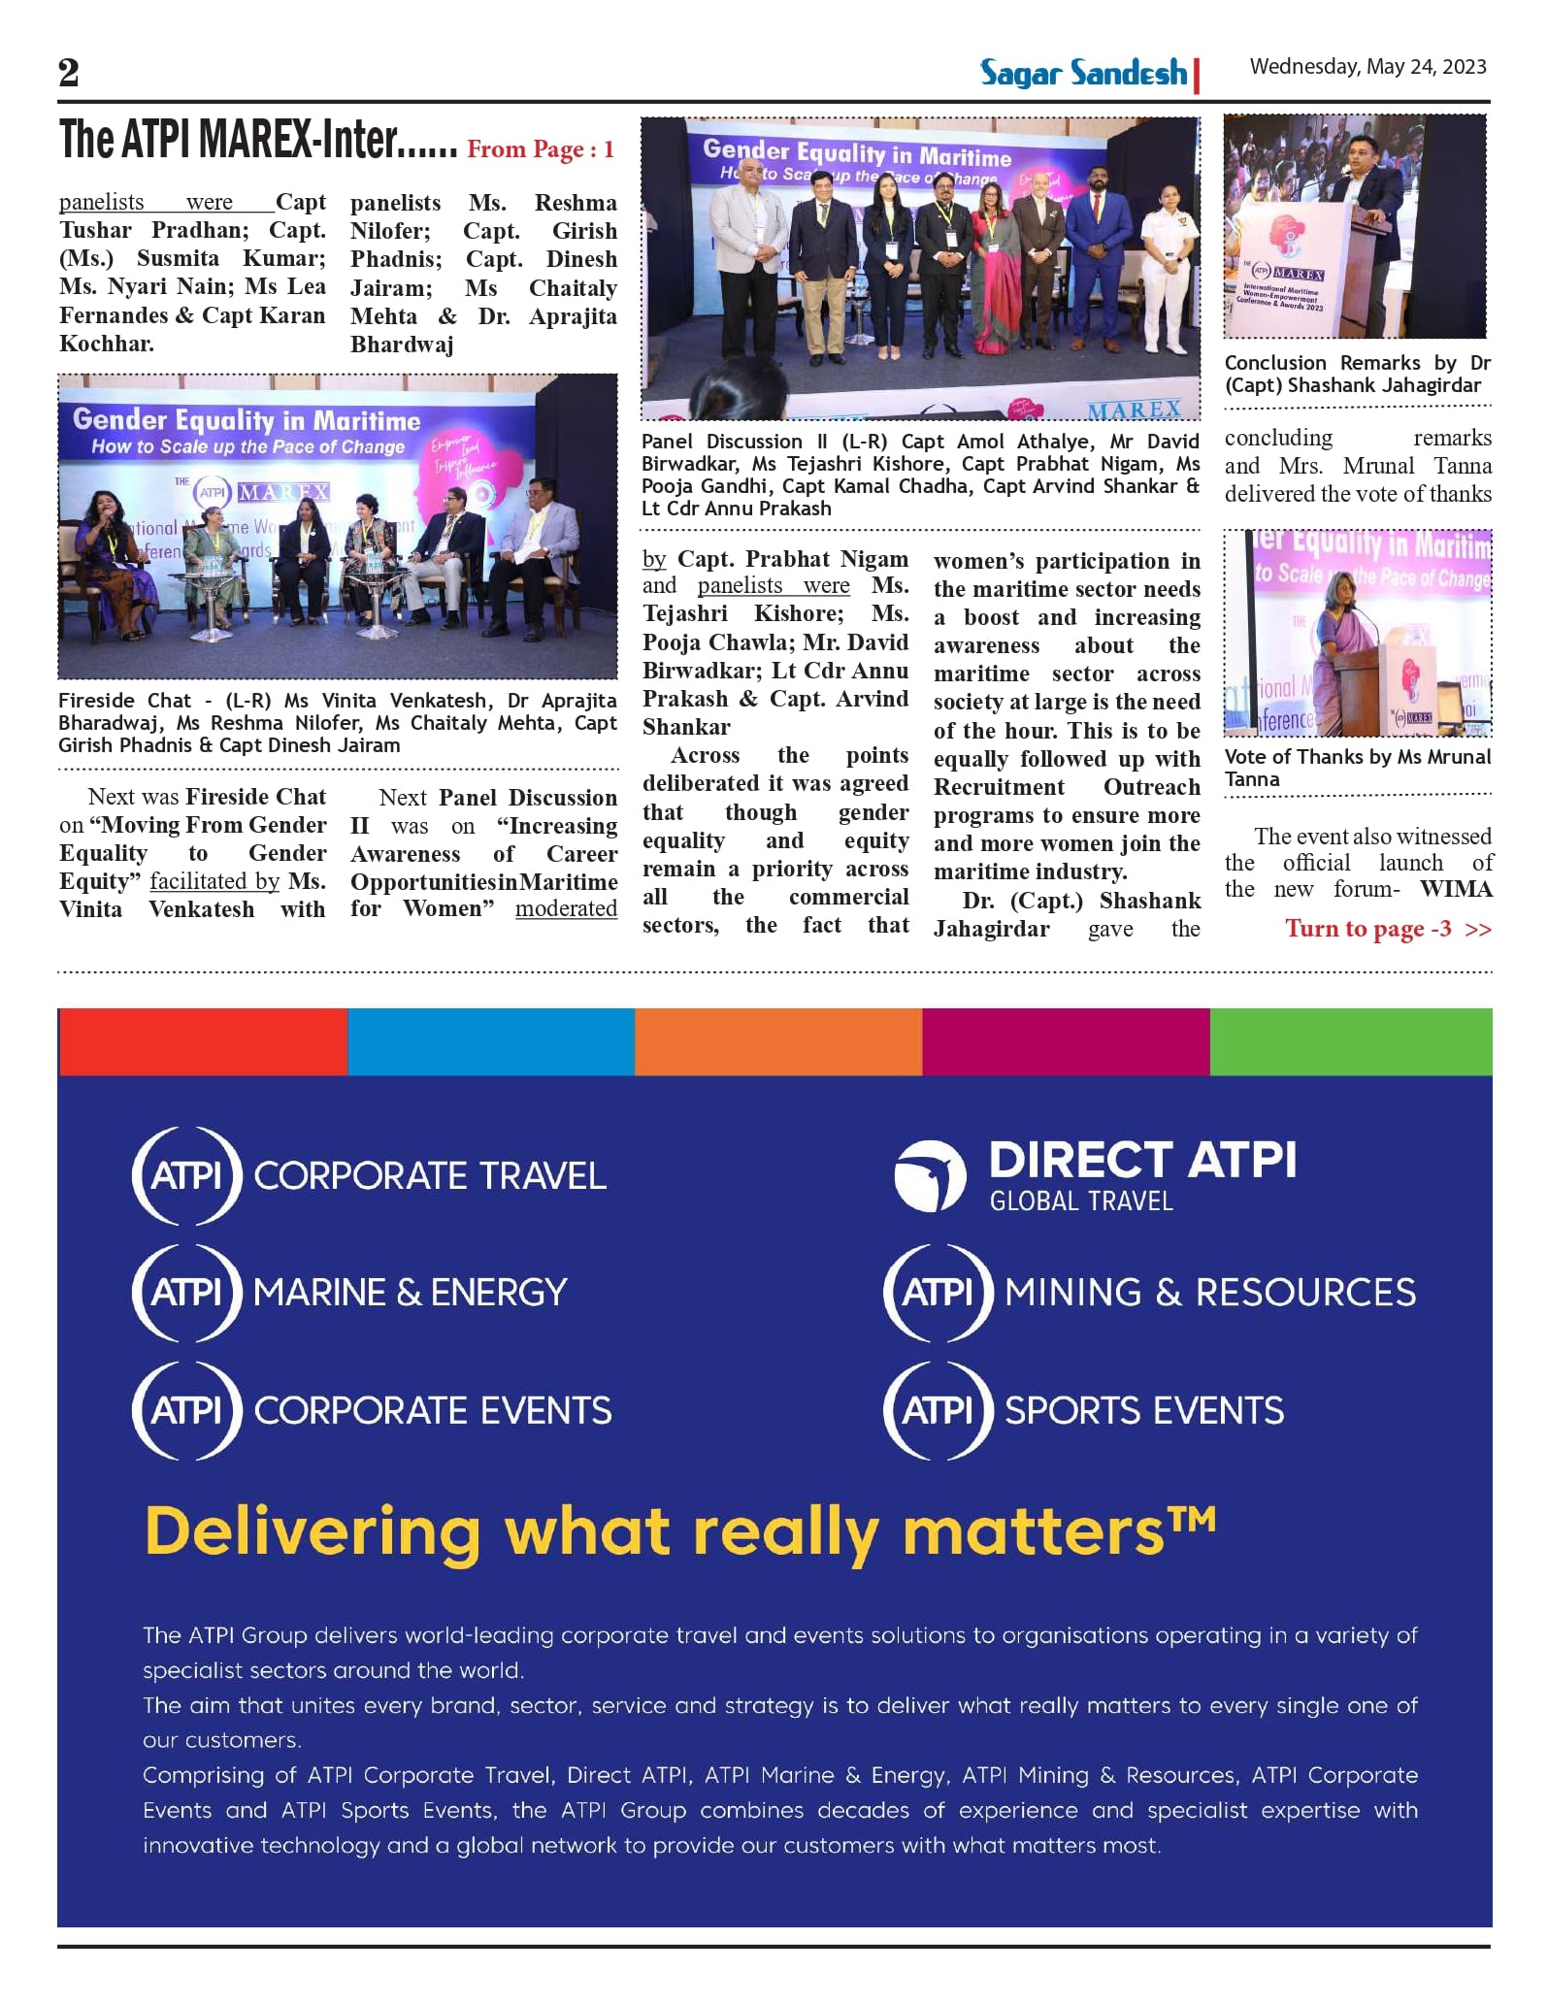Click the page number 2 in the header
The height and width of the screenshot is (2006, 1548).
tap(68, 73)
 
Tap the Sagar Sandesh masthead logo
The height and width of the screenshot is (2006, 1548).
tap(1084, 73)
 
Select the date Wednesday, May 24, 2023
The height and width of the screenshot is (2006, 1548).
tap(1367, 66)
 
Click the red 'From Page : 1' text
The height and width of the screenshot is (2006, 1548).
tap(541, 149)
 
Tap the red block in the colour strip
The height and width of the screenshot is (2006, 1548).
tap(203, 1041)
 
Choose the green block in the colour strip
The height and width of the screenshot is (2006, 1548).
tap(1350, 1041)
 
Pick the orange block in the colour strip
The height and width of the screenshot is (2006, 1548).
tap(778, 1041)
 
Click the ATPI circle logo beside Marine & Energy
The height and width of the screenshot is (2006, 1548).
tap(187, 1292)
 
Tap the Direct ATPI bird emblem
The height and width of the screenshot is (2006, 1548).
tap(931, 1176)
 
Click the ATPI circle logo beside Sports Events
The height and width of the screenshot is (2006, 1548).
tap(938, 1410)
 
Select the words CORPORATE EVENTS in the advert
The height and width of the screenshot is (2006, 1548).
tap(433, 1410)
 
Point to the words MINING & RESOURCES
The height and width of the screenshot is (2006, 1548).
tap(1210, 1292)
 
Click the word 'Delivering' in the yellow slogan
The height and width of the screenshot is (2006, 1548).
tap(313, 1531)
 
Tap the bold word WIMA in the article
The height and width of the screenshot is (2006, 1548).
tap(1457, 889)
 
